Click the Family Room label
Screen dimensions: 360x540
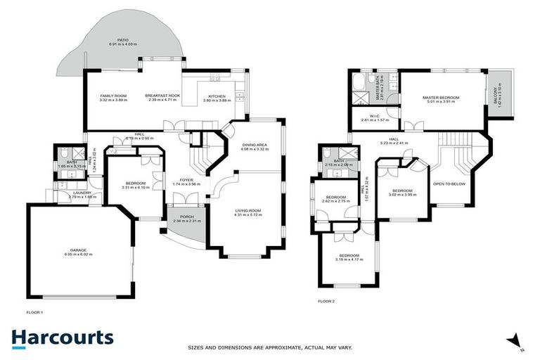(x=112, y=96)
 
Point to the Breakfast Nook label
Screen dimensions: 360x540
(x=162, y=96)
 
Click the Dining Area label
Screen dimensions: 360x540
(x=255, y=145)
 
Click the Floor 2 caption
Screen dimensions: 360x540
(x=326, y=300)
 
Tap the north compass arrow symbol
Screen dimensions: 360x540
(x=517, y=341)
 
